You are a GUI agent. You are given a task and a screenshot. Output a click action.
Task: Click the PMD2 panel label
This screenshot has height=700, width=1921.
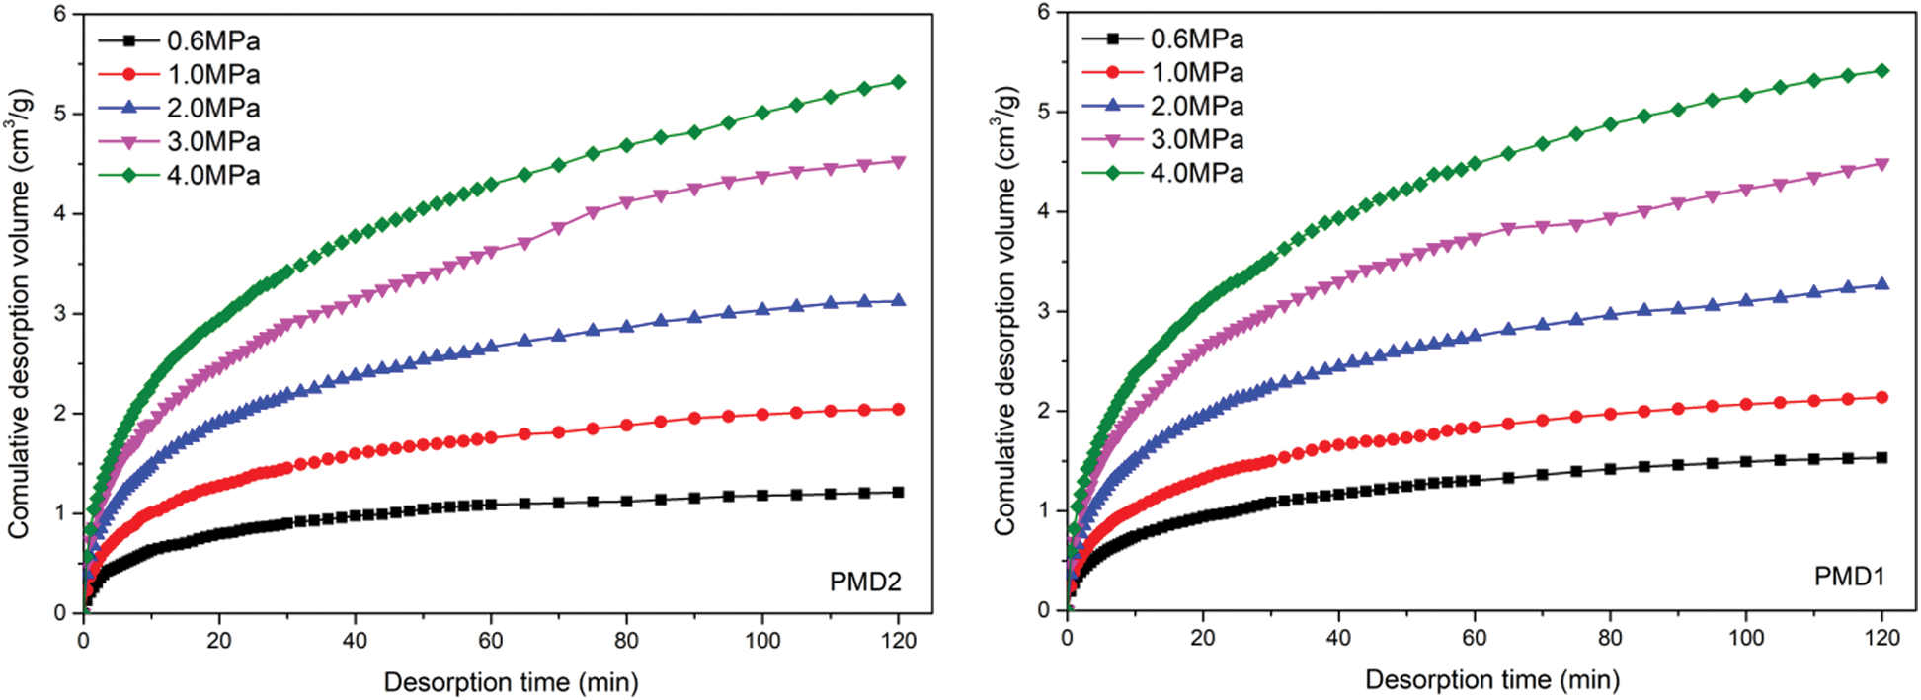(865, 582)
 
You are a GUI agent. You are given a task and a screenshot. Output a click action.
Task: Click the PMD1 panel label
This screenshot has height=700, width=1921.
(1849, 576)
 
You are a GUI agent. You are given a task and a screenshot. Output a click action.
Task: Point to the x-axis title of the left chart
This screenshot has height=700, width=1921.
(511, 682)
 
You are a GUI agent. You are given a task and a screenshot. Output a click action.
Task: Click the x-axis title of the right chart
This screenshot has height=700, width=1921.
(1492, 679)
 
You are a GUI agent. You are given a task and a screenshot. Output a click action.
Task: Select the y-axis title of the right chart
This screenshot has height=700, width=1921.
(1005, 311)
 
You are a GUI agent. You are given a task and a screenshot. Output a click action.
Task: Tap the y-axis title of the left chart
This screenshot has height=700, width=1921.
(20, 314)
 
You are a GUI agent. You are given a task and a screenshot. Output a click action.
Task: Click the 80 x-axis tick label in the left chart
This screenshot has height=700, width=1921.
(626, 641)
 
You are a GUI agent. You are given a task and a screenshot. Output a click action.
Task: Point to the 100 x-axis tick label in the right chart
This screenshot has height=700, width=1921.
(1746, 638)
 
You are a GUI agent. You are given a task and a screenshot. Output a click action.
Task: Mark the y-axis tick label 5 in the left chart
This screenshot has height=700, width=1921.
(60, 115)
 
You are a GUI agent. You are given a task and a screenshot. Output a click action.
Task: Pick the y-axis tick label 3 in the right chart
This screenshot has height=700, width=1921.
(1044, 311)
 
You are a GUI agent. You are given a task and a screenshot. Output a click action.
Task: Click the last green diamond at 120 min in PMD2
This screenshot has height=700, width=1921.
(898, 82)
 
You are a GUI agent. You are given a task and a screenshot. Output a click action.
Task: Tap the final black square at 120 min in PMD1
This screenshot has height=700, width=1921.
(1881, 457)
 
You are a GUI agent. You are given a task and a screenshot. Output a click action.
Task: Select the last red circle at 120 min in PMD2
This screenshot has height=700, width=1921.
(898, 409)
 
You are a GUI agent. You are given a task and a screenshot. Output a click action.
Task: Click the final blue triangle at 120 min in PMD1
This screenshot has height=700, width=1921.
(1881, 284)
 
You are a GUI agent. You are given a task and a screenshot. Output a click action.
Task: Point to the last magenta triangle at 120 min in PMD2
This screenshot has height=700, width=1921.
(898, 161)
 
